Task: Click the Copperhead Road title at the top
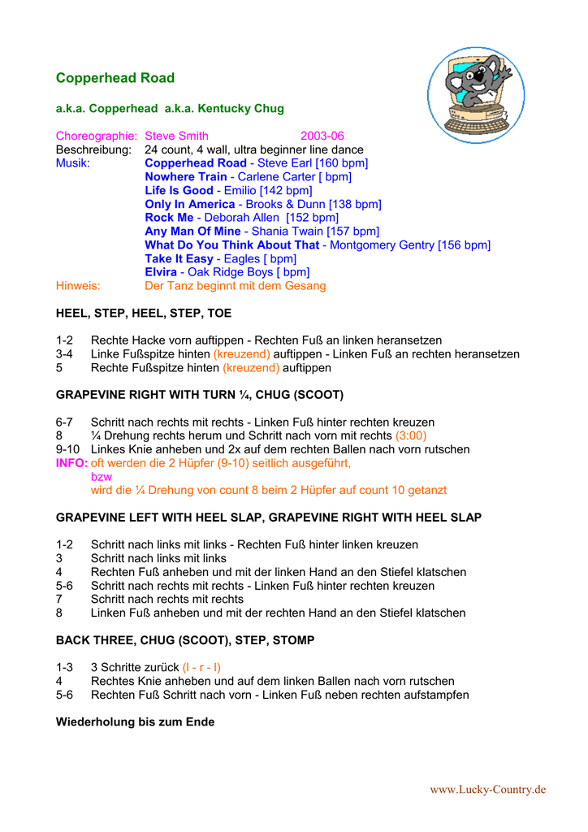pos(115,78)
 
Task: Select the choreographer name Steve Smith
pos(176,136)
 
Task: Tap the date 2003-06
pos(322,136)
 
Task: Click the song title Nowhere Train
pos(185,177)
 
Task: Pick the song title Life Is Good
pos(179,190)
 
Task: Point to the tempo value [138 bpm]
pos(355,204)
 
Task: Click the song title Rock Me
pos(169,218)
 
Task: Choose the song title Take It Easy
pos(179,258)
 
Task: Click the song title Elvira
pos(161,272)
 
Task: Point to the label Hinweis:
pos(78,286)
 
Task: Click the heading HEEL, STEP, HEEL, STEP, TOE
pos(144,313)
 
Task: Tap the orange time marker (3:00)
pos(412,435)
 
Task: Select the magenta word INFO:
pos(71,463)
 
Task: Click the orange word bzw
pos(101,477)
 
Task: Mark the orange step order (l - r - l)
pos(201,667)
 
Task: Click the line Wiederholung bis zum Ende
pos(135,721)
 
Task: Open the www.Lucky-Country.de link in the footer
pos(487,789)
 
